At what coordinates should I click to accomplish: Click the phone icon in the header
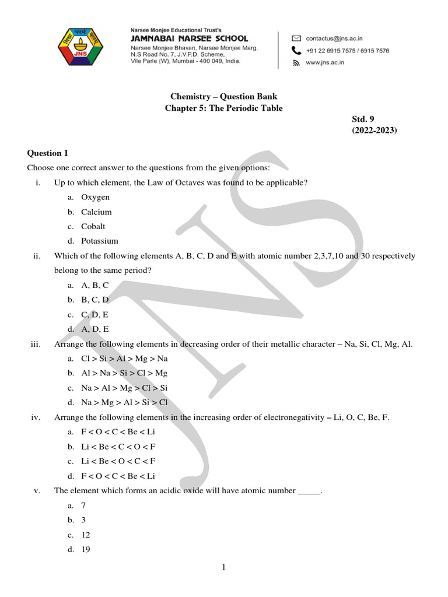(x=296, y=50)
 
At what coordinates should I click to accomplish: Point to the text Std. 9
(x=362, y=120)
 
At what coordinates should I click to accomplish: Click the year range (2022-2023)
(x=374, y=131)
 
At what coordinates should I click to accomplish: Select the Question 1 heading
(x=48, y=153)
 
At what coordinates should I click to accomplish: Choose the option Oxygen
(x=95, y=198)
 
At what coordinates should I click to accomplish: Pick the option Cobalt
(x=93, y=226)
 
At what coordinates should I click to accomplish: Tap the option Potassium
(x=99, y=241)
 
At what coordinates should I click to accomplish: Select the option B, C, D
(x=95, y=300)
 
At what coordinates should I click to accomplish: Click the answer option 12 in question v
(x=86, y=535)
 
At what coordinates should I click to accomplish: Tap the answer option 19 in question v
(x=86, y=549)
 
